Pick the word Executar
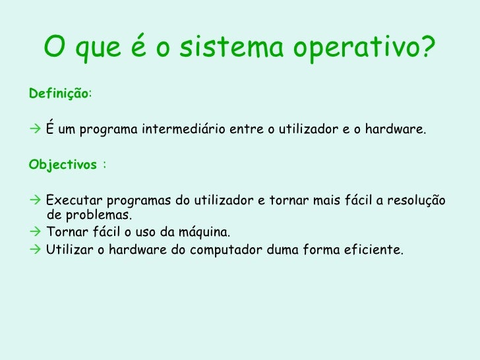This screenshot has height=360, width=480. [74, 200]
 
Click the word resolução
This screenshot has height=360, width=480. [417, 200]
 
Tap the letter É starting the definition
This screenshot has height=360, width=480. [51, 129]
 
